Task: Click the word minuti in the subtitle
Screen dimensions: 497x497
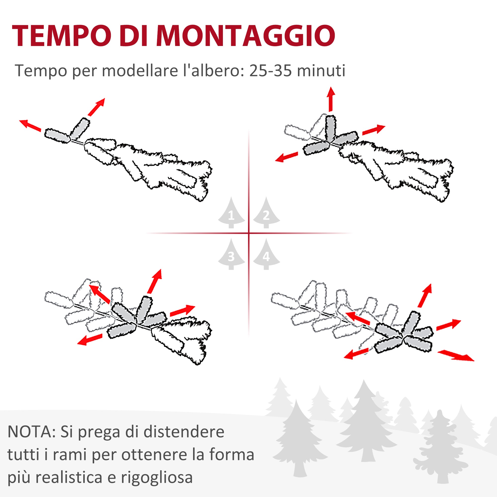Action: pyautogui.click(x=321, y=71)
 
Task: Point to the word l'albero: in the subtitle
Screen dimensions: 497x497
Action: pyautogui.click(x=213, y=71)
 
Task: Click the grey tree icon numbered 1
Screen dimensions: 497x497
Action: pyautogui.click(x=231, y=213)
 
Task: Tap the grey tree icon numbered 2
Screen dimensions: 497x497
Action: pyautogui.click(x=266, y=213)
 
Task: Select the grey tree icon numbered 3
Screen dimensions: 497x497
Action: pyautogui.click(x=231, y=254)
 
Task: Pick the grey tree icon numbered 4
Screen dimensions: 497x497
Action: pyautogui.click(x=266, y=254)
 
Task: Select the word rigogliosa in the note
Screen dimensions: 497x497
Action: pyautogui.click(x=157, y=478)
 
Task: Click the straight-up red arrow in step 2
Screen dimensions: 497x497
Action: pyautogui.click(x=331, y=99)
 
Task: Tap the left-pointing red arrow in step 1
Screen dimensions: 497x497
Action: pyautogui.click(x=30, y=125)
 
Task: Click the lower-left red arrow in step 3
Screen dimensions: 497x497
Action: pyautogui.click(x=90, y=339)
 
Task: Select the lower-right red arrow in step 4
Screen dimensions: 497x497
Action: pyautogui.click(x=456, y=355)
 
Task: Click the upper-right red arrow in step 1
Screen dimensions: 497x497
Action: pyautogui.click(x=96, y=107)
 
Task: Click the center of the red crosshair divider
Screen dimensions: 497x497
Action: pyautogui.click(x=249, y=233)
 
